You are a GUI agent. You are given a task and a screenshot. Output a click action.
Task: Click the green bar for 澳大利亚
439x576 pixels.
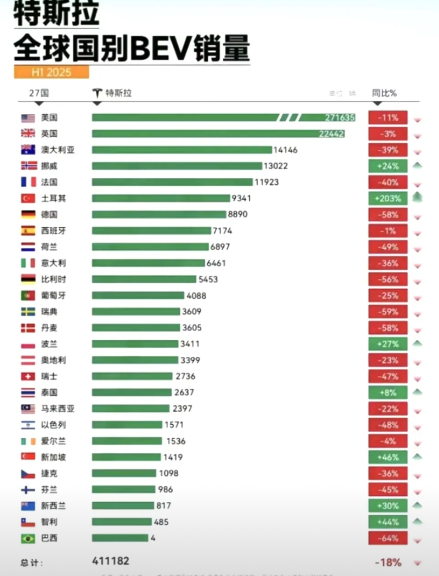pos(182,150)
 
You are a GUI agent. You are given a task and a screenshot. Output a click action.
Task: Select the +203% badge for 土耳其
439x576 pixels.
pos(388,199)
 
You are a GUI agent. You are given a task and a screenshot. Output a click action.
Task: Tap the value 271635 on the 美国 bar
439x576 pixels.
pos(340,118)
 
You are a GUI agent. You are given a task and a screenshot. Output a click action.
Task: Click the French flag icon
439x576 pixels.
pos(28,182)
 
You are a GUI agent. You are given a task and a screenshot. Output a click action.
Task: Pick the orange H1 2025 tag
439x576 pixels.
pos(51,72)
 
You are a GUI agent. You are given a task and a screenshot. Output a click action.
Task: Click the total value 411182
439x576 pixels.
pos(111,561)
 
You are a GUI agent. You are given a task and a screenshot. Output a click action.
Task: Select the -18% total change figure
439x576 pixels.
pos(388,562)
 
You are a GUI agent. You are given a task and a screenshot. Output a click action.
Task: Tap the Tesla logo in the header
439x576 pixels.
pos(98,93)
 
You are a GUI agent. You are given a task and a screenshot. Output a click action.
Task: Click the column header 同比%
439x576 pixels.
pos(384,93)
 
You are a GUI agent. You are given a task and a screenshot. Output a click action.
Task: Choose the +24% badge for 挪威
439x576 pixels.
pos(388,166)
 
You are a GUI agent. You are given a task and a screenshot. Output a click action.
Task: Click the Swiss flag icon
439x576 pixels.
pos(28,376)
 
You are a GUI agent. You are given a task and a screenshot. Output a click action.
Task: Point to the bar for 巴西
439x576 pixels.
pos(120,538)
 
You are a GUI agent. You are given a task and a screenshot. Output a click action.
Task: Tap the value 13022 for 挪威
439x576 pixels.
pos(276,166)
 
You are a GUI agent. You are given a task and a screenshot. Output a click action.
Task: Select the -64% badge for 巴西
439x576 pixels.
pos(388,539)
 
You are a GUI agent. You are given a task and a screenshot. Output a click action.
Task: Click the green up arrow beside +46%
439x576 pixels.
pos(417,457)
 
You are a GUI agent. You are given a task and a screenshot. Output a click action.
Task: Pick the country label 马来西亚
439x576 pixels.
pos(54,409)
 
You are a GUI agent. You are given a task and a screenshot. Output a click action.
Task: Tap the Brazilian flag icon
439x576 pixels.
pos(28,539)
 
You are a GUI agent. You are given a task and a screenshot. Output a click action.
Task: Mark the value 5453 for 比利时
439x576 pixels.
pos(210,279)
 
